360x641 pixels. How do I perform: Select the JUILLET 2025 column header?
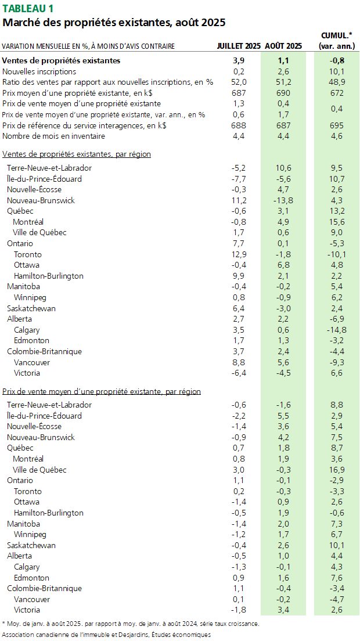point(239,46)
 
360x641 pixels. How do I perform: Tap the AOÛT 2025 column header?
point(283,46)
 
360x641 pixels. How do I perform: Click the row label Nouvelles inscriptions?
point(39,71)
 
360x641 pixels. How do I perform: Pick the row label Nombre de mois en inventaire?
point(53,136)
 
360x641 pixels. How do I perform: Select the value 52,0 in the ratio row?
point(239,82)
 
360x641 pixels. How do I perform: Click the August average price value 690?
point(283,93)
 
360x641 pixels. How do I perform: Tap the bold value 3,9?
point(239,60)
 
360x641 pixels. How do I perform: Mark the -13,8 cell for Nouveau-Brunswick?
point(283,200)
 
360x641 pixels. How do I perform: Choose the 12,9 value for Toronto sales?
point(239,254)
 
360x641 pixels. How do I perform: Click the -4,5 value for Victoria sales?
point(283,373)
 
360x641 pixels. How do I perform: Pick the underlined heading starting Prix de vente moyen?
point(102,392)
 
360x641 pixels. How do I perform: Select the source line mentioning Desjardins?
point(106,635)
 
